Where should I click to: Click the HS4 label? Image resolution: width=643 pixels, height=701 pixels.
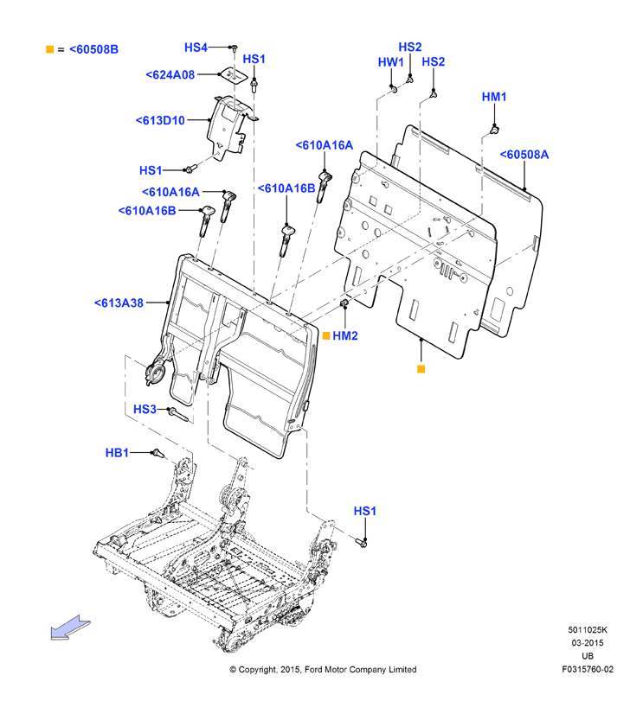pos(196,48)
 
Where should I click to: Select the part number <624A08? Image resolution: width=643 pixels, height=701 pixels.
pos(170,74)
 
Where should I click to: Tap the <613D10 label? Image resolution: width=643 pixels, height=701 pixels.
pos(160,120)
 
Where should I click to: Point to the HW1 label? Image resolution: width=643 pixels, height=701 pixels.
pos(390,62)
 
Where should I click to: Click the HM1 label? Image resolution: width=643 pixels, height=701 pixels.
pos(494,97)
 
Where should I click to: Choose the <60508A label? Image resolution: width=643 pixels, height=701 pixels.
pos(524,155)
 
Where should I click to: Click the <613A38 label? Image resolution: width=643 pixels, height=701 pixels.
pos(119,303)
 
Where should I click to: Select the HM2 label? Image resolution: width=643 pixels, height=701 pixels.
pos(345,335)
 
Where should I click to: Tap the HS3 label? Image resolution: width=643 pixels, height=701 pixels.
pos(145,409)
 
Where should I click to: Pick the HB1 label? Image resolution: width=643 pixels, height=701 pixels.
pos(117,453)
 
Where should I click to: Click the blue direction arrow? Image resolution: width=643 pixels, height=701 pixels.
pos(70,628)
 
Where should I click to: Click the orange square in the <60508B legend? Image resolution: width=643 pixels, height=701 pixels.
pos(49,49)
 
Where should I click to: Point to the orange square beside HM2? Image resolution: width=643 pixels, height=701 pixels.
pos(326,335)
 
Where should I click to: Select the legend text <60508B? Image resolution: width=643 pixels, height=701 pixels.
pos(94,49)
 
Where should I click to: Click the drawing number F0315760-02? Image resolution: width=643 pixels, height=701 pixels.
pos(588,669)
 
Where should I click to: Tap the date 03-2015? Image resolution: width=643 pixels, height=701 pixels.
pos(588,643)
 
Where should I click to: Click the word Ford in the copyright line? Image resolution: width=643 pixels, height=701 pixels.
pos(315,669)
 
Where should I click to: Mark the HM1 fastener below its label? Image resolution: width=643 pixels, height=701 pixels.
pos(494,131)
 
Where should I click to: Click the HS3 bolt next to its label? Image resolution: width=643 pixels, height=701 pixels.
pos(178,414)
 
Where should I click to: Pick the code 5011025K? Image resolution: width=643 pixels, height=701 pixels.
pos(588,630)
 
